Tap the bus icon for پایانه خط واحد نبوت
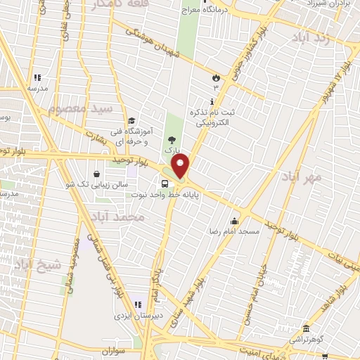click(x=164, y=184)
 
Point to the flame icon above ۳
click(x=217, y=77)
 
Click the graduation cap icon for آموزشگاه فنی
click(x=131, y=119)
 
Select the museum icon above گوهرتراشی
click(x=306, y=328)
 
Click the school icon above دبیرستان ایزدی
click(x=138, y=305)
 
